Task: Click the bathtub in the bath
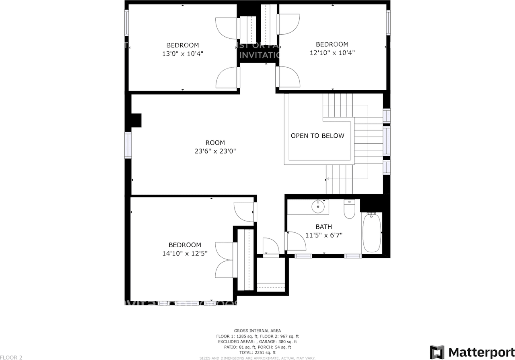coord(372,233)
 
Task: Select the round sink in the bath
coord(318,206)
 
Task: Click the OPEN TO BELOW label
coord(317,136)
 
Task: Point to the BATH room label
coord(324,227)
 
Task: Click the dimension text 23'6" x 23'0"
coord(215,151)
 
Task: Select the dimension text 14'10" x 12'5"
coord(185,253)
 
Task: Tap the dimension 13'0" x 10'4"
coord(183,54)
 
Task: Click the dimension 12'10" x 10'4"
coord(332,53)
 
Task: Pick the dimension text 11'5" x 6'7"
coord(324,236)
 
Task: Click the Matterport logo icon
coord(437,352)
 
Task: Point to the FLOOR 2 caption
coord(11,357)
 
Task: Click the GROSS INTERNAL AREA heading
coord(257,331)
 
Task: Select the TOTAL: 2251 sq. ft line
coord(257,352)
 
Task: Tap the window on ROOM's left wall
coord(128,145)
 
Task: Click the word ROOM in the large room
coord(215,143)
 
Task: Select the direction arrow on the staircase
coord(328,179)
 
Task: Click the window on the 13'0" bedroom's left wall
coord(126,23)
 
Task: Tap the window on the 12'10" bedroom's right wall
coord(388,23)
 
